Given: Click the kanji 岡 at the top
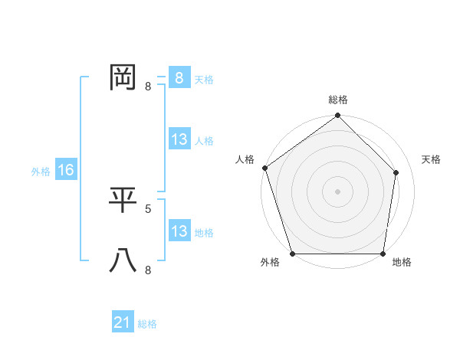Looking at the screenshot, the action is pos(123,78).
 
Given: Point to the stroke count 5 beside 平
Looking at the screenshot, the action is pos(148,208).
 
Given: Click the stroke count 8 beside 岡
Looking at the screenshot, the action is pos(148,87).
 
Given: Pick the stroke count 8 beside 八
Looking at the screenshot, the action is pos(148,270).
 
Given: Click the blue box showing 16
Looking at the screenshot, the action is pos(66,170).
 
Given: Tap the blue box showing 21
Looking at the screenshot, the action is pos(123,322).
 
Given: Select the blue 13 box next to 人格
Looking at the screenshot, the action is pos(179,139).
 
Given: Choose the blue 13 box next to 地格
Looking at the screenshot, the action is pos(179,231).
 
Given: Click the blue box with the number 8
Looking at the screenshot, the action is pos(179,78).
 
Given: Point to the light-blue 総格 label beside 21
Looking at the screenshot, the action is pos(147,324).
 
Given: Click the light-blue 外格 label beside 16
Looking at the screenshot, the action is pos(41,172).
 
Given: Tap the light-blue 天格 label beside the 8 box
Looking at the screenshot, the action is pos(204,79).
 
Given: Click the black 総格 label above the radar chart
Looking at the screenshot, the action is pos(338,100).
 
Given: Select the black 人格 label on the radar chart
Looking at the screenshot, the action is pos(245,159).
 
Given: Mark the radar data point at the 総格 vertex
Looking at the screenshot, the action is pos(338,116).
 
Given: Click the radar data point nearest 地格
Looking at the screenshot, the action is pos(383,254).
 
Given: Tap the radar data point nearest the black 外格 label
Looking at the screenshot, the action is pos(293,254).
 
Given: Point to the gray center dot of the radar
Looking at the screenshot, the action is pos(338,191).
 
